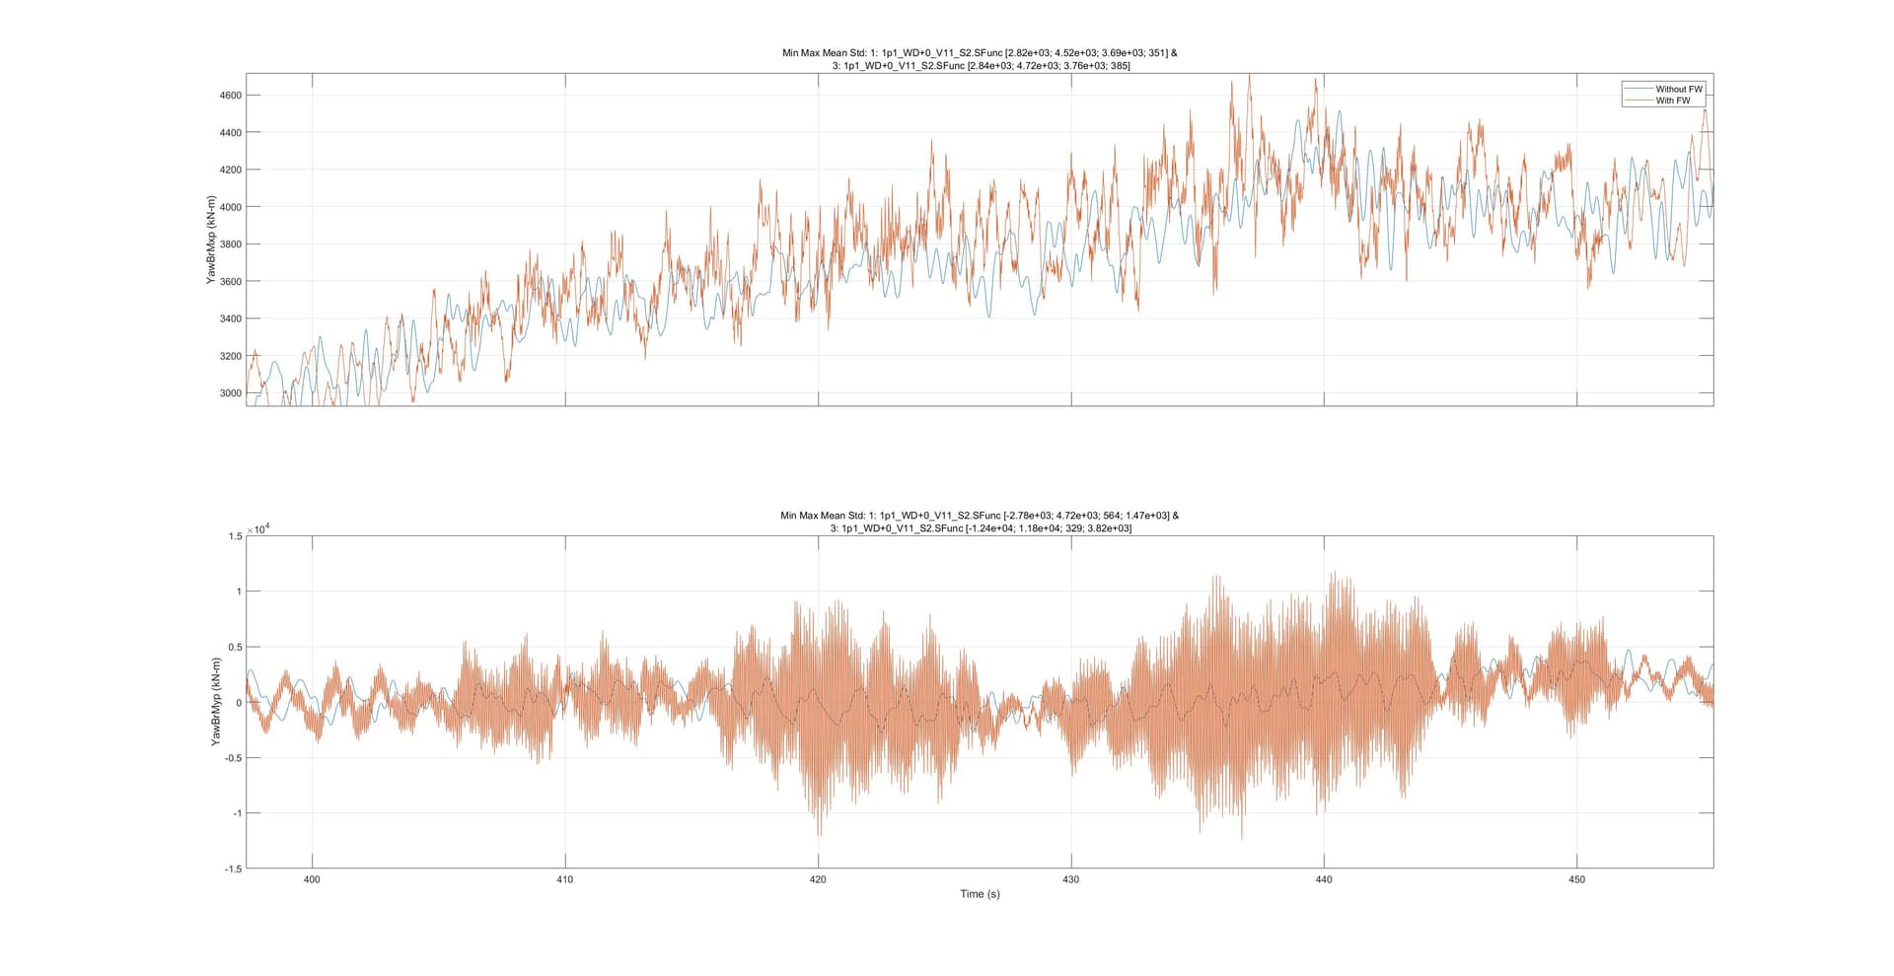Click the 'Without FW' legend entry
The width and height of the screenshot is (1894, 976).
pos(1679,89)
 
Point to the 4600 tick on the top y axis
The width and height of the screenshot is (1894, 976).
pos(230,96)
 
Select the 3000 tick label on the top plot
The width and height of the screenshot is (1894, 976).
pos(230,393)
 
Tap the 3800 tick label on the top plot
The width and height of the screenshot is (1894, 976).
pos(230,244)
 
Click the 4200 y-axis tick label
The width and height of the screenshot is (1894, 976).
pos(230,170)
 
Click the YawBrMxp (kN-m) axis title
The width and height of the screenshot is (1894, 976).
pos(211,240)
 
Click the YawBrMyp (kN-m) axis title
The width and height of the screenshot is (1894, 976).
pos(215,701)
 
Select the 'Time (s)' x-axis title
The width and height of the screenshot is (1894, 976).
pos(980,894)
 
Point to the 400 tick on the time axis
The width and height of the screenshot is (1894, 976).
pos(312,879)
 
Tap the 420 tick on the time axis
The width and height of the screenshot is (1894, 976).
pos(818,879)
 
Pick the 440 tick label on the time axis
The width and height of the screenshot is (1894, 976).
pos(1324,879)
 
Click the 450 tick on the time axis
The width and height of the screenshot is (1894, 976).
pos(1576,879)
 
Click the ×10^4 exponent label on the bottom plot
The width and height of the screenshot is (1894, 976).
pos(258,529)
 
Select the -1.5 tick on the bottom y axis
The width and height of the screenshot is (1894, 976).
pos(233,869)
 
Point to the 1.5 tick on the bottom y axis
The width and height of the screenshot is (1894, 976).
pos(235,536)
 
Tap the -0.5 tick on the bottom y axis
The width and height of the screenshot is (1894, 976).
pos(233,758)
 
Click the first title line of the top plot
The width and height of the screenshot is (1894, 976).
pos(980,53)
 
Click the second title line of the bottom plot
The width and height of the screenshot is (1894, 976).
pos(980,528)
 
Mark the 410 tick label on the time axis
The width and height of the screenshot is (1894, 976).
pos(565,879)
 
